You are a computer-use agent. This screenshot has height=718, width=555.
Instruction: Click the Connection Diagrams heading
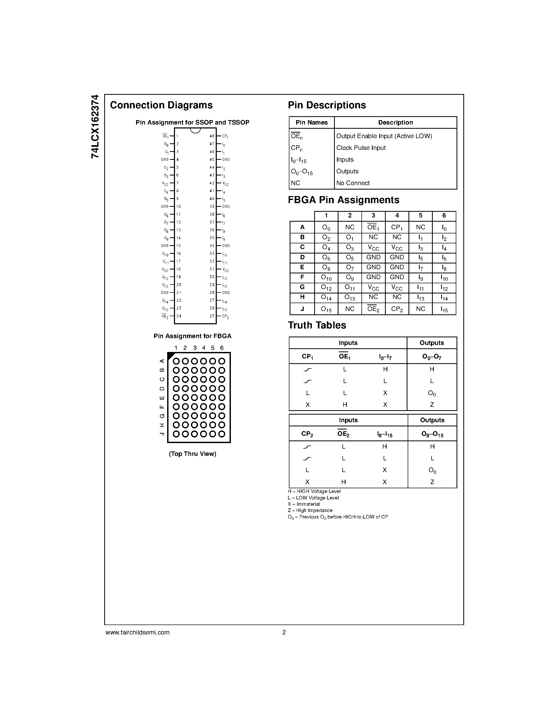161,105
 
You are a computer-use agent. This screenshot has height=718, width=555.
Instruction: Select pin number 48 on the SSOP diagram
212,136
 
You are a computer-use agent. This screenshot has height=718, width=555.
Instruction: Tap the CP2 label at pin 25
225,317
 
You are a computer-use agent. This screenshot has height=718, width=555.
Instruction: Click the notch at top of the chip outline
195,130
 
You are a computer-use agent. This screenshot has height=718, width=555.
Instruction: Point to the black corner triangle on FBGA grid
170,355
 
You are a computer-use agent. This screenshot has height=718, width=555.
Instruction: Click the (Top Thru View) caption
192,454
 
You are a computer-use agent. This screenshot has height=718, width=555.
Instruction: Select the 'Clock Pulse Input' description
361,148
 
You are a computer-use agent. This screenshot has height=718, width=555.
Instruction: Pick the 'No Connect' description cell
353,183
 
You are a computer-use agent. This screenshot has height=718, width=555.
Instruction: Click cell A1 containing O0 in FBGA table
326,227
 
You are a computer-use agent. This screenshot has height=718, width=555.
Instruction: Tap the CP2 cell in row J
397,309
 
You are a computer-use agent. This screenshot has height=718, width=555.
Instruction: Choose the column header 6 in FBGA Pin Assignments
444,216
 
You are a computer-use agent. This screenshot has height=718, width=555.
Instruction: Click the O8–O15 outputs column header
432,434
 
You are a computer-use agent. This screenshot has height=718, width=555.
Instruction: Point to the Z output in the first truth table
432,405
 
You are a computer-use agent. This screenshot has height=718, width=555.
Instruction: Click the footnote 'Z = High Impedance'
310,510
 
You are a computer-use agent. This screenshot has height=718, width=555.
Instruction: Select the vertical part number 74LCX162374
95,127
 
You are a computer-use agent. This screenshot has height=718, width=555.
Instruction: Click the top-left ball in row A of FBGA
176,361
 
